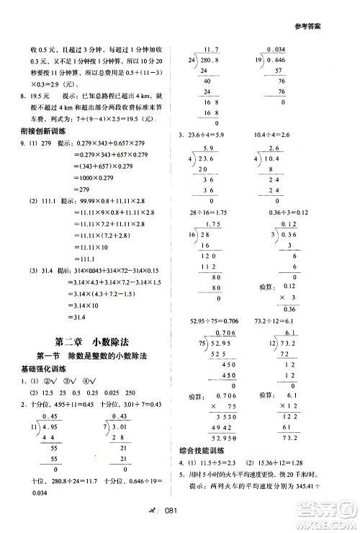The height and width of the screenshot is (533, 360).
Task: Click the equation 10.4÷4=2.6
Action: coord(292,134)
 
